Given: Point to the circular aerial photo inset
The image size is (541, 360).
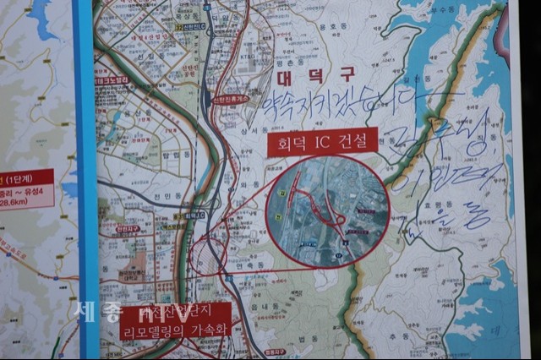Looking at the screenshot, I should [327, 212].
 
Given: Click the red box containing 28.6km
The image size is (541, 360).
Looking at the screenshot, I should [25, 190].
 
